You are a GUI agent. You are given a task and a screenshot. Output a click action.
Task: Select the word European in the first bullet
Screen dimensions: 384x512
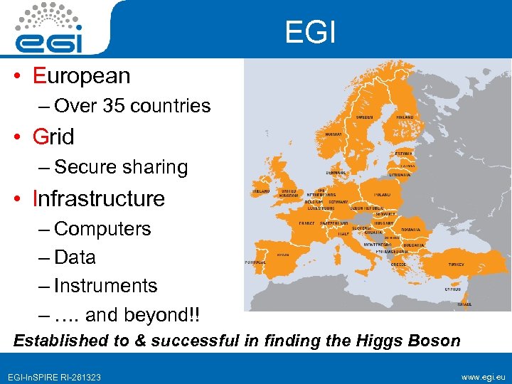click(x=81, y=75)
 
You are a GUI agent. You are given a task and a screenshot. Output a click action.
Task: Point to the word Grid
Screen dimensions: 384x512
click(x=53, y=136)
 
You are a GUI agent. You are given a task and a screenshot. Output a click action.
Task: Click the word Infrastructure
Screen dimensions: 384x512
click(x=99, y=198)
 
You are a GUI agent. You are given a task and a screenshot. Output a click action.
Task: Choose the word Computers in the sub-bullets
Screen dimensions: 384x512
click(x=102, y=229)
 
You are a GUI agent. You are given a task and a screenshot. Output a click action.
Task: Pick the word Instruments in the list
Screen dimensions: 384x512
click(x=105, y=286)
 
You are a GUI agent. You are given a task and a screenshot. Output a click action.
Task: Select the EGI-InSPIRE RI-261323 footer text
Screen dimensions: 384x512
click(x=55, y=376)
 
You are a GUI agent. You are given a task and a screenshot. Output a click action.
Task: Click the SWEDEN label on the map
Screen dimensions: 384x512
click(x=366, y=117)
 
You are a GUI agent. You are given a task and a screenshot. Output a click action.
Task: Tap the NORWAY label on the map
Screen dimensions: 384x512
click(x=334, y=134)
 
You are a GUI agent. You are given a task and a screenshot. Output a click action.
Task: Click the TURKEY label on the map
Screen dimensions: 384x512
click(x=456, y=264)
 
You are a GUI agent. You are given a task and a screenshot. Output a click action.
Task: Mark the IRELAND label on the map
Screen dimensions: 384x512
click(x=261, y=191)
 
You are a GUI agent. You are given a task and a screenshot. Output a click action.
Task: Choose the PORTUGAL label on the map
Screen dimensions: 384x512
click(x=255, y=262)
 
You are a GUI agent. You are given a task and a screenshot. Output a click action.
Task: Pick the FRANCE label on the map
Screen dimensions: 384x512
click(x=306, y=223)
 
